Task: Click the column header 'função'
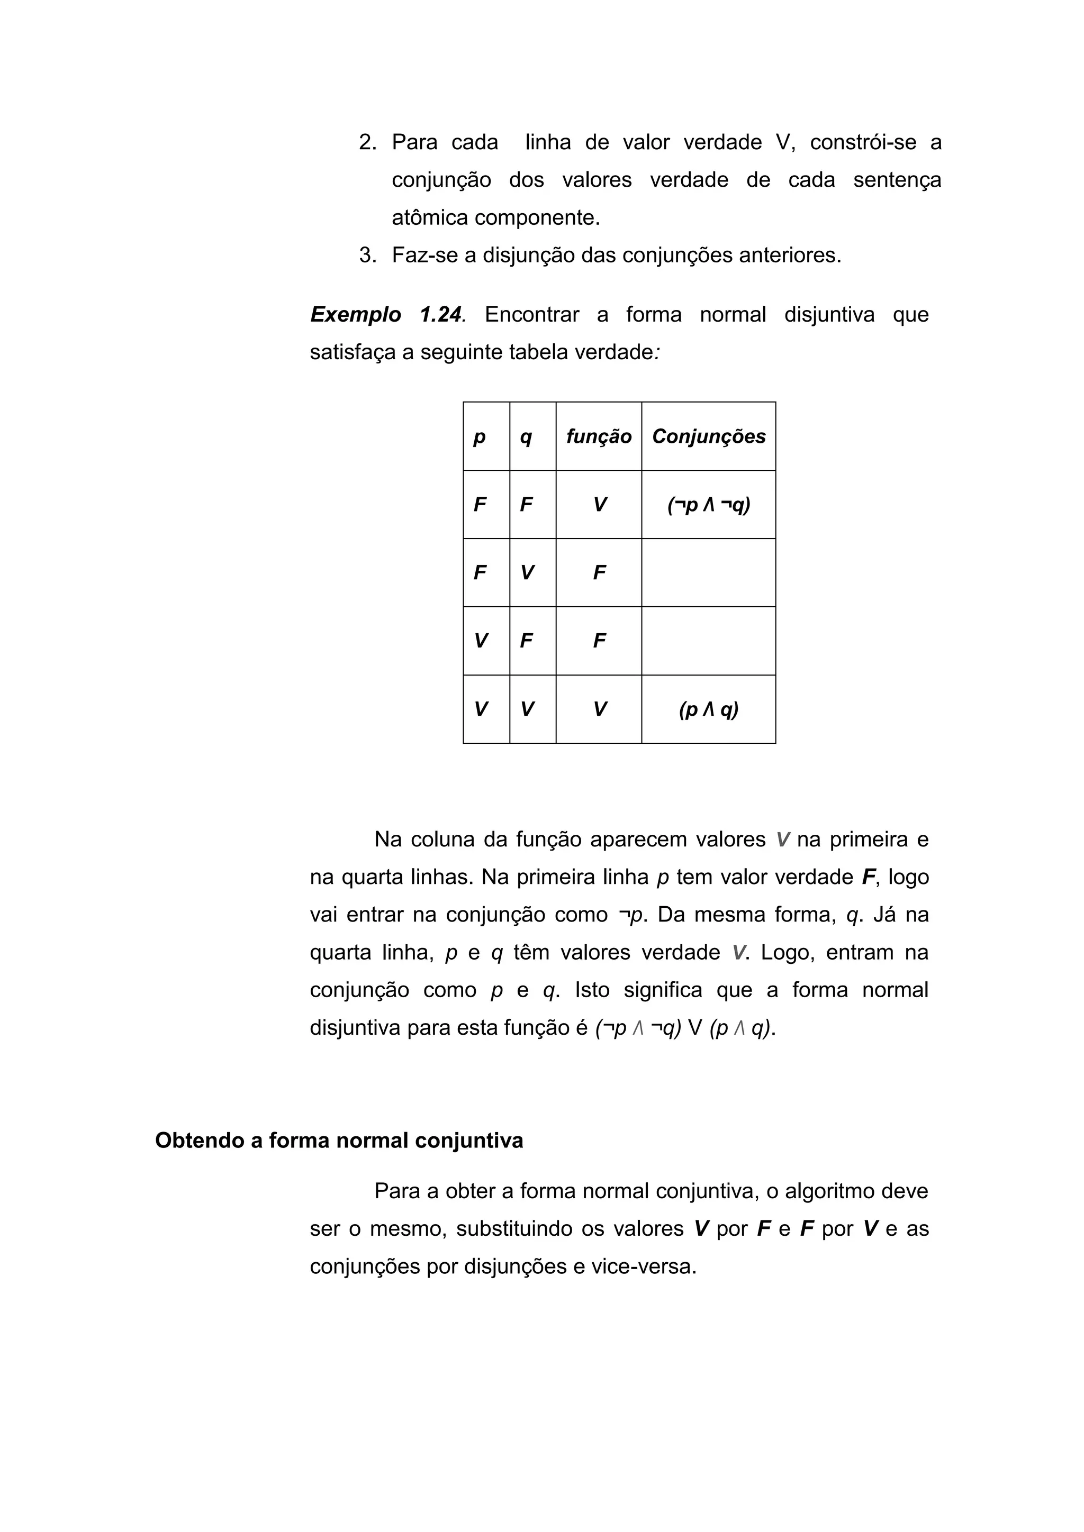tap(598, 436)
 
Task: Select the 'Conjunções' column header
tap(708, 436)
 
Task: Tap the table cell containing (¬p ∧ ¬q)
tap(708, 505)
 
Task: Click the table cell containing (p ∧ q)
tap(708, 709)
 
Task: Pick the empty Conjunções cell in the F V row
tap(708, 573)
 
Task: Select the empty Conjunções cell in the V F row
tap(708, 641)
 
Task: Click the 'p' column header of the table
tap(479, 437)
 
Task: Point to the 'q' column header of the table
tap(526, 437)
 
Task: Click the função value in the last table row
tap(599, 709)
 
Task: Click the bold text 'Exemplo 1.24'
tap(386, 314)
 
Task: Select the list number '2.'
tap(368, 142)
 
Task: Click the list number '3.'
tap(368, 255)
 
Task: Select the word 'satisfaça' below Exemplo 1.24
tap(353, 352)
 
